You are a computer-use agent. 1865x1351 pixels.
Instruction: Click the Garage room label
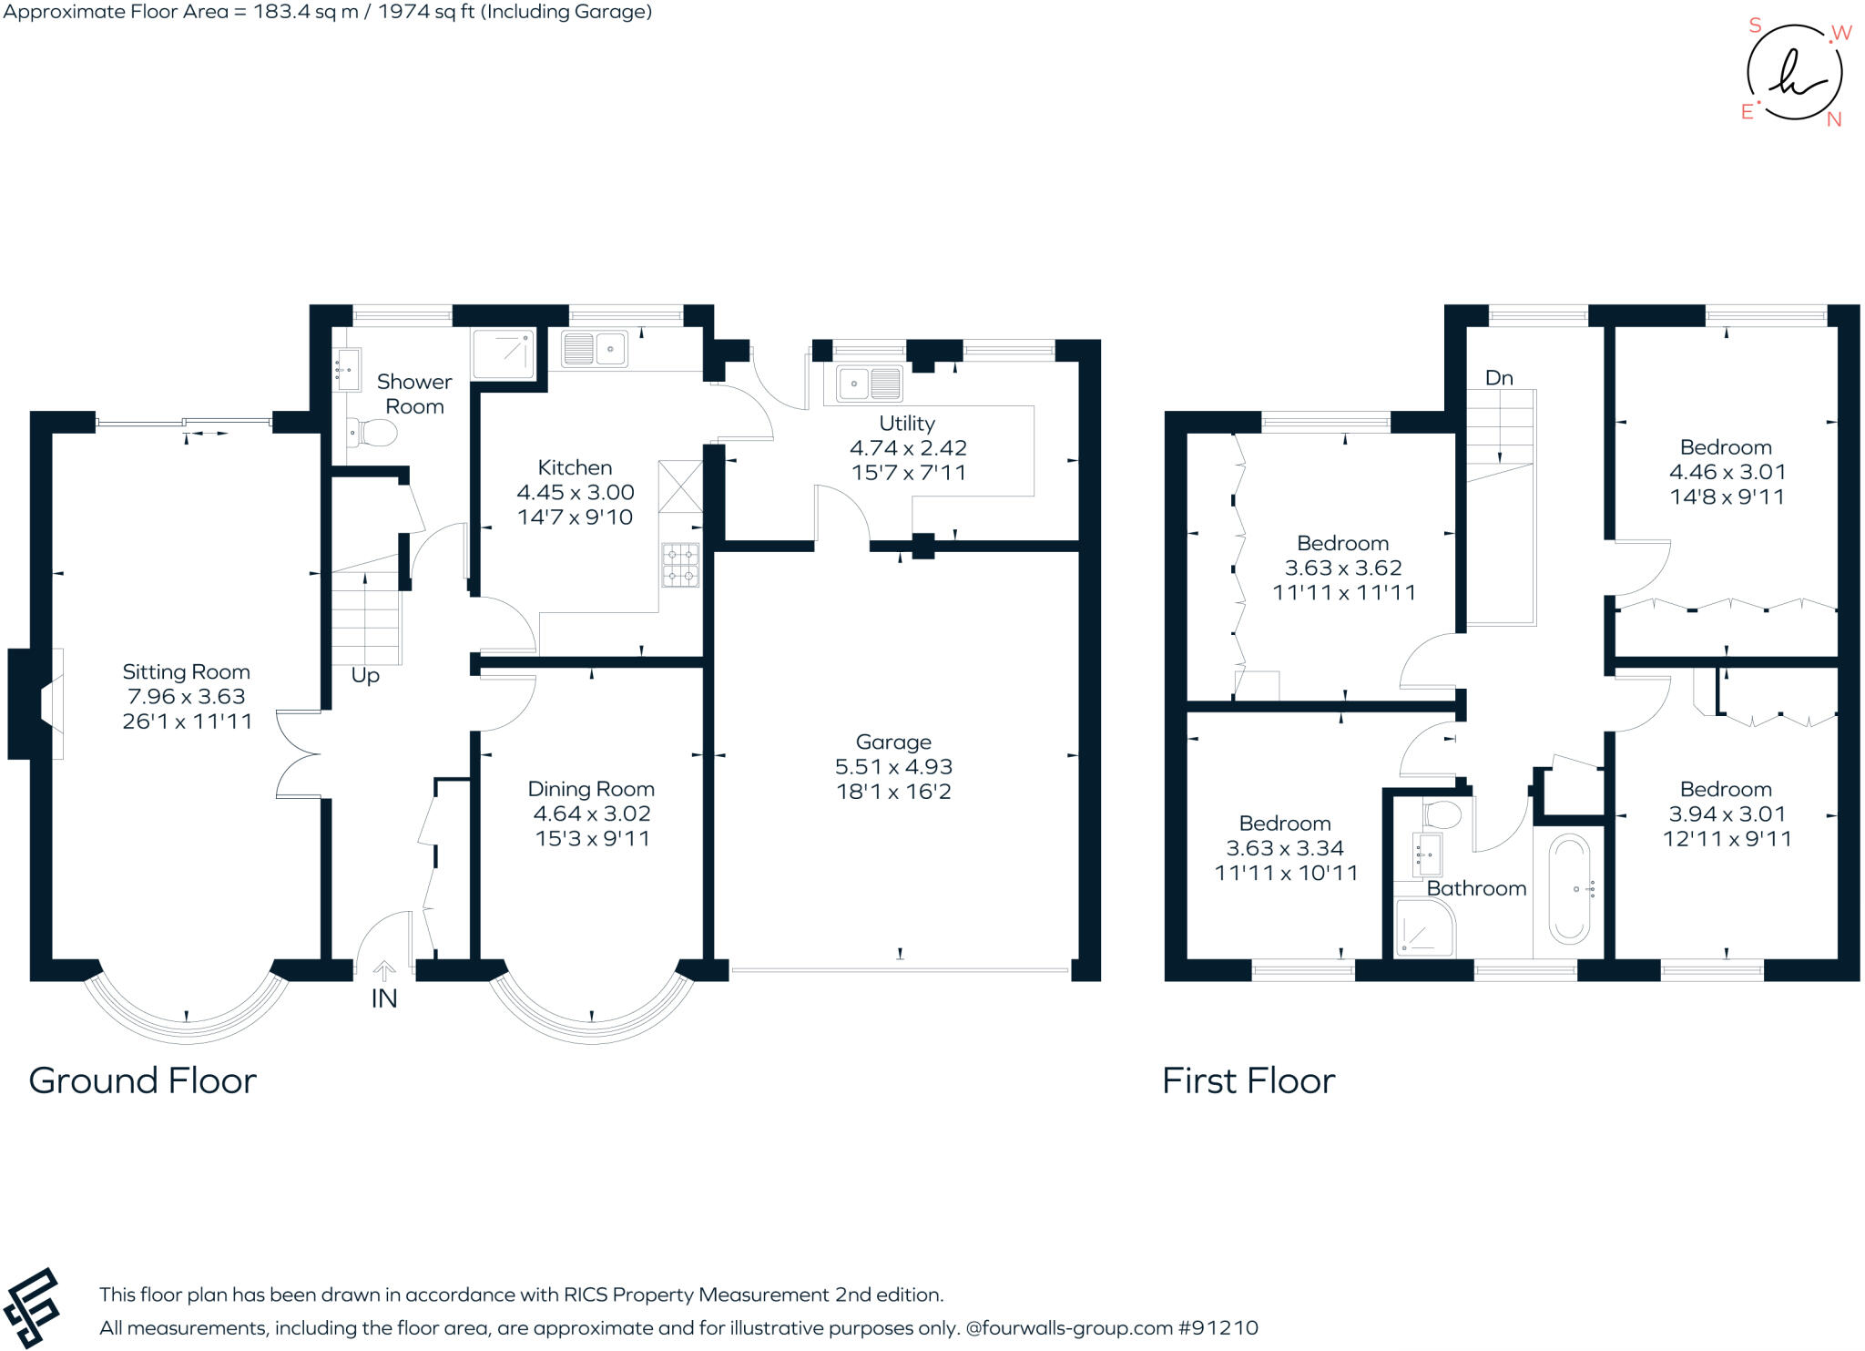[892, 742]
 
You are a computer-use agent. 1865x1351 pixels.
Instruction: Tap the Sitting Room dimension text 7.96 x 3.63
[186, 697]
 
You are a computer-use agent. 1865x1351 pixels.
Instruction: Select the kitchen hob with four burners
[680, 565]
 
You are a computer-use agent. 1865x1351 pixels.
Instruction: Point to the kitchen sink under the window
[594, 349]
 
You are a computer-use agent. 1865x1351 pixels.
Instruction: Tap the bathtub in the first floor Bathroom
[1569, 887]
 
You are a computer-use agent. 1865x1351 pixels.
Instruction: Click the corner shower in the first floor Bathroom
[1424, 927]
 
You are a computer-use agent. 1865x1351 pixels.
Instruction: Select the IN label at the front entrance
[384, 999]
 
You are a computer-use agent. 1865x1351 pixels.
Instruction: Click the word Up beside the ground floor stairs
[365, 676]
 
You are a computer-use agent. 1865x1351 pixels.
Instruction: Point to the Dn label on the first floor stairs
[1499, 378]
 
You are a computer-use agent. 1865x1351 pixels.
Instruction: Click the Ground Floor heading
[143, 1081]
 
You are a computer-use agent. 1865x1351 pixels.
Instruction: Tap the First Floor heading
[1248, 1081]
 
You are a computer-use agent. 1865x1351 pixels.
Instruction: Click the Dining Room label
[591, 789]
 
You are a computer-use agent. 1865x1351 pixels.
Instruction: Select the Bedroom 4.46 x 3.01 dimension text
[1727, 472]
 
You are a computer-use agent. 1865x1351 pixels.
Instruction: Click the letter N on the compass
[1834, 119]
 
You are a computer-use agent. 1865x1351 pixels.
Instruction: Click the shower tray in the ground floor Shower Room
[503, 353]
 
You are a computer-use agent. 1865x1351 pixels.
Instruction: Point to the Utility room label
[906, 424]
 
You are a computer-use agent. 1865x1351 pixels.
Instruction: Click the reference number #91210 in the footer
[1218, 1328]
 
